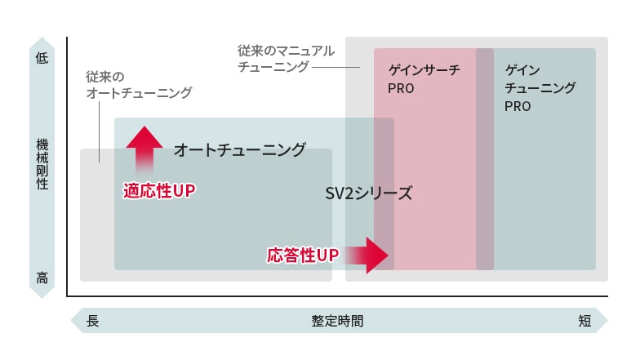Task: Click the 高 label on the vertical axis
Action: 42,278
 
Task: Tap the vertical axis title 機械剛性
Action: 42,164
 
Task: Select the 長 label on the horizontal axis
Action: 92,321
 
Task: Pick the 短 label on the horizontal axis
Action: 584,321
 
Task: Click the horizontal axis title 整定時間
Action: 337,321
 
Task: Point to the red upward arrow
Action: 144,147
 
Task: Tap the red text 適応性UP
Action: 160,191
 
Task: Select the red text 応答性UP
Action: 303,256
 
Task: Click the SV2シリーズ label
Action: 369,194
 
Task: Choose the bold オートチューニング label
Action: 240,150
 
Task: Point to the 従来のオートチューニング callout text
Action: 139,85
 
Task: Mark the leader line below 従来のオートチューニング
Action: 100,131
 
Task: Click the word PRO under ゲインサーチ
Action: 401,88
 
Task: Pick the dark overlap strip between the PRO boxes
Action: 485,159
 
